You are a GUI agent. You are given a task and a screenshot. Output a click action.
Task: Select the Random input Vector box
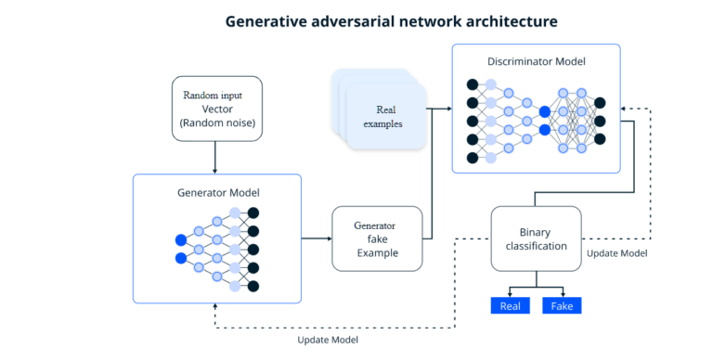216,109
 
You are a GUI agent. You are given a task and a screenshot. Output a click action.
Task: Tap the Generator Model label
217,193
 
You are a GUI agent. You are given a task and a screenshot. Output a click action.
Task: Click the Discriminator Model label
536,61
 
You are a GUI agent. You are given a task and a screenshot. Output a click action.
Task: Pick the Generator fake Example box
377,238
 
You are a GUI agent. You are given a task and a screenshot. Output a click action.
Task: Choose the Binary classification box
535,238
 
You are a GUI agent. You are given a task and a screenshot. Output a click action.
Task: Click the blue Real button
510,305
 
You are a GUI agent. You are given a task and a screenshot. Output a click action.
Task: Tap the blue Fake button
562,305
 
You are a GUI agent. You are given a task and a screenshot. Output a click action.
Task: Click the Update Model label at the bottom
328,341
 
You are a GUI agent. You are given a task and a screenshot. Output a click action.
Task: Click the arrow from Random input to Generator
216,158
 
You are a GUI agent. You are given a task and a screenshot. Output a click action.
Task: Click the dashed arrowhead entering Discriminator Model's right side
622,109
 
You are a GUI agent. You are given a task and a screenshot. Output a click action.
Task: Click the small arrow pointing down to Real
510,291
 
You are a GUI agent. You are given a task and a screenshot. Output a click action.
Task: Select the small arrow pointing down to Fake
562,291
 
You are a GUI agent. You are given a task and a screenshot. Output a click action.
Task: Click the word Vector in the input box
216,109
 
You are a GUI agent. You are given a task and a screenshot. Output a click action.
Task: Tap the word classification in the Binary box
535,246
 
